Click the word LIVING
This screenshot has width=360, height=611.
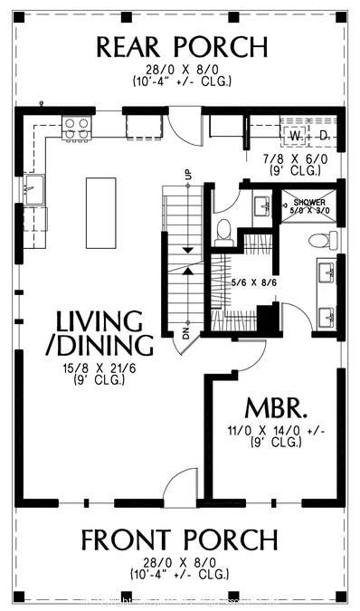pos(99,321)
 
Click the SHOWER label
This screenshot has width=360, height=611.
pos(304,202)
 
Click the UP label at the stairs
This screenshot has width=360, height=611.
pos(188,174)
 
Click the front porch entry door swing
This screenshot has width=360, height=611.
pos(181,484)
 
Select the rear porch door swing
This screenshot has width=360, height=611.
pos(185,127)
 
